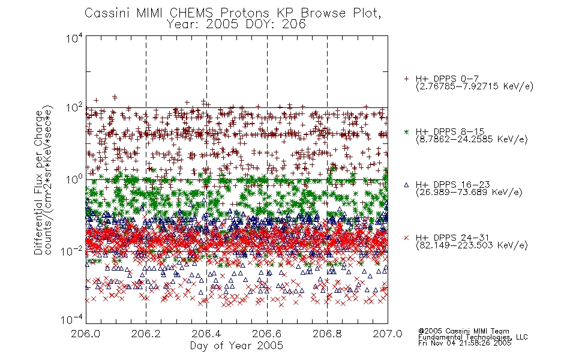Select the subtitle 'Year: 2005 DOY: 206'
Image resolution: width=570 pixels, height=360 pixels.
[236, 25]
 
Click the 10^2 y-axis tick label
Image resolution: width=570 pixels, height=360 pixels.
[74, 108]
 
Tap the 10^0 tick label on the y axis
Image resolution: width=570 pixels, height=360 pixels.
[74, 180]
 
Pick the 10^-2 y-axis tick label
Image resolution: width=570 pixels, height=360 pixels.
[72, 251]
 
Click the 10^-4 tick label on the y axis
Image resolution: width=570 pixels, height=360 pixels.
[72, 320]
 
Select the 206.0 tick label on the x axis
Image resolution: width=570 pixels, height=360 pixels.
[86, 334]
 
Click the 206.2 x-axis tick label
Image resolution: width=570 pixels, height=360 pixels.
[146, 334]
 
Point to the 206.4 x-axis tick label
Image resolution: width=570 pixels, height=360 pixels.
[206, 334]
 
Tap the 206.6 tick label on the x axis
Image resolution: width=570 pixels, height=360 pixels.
[267, 334]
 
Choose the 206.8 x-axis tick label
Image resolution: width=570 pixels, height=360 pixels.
[327, 334]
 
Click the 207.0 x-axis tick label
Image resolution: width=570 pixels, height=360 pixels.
[388, 334]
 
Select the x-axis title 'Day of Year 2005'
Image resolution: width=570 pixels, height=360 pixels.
[236, 346]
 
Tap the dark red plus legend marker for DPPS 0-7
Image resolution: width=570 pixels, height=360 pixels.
[406, 79]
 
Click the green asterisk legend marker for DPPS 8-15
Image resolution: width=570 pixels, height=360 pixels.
[406, 132]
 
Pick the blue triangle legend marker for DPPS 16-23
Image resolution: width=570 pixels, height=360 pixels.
[406, 185]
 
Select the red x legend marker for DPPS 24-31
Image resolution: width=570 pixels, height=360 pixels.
[406, 238]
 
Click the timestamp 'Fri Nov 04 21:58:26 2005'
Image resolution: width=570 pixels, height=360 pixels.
[465, 343]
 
